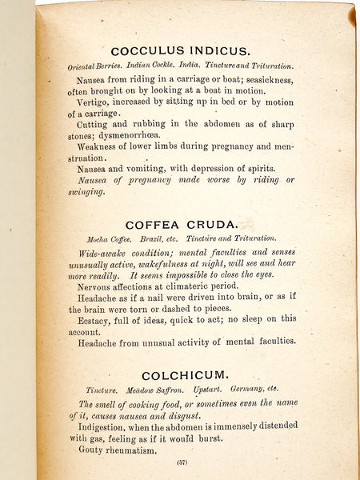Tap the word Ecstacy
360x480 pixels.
pyautogui.click(x=98, y=318)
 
